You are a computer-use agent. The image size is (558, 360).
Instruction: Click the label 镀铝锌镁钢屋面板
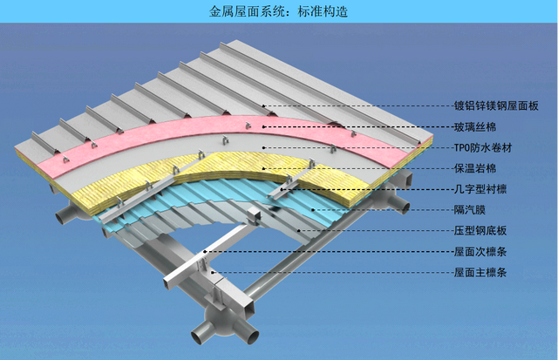(x=497, y=106)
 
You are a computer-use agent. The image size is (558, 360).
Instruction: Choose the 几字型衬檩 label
(x=479, y=189)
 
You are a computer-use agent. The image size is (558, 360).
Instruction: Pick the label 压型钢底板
(x=479, y=231)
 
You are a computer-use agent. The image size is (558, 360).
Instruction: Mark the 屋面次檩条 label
(x=479, y=252)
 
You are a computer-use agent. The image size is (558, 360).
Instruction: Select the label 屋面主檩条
(x=479, y=273)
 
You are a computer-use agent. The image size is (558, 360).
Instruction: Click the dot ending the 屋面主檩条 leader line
(x=215, y=273)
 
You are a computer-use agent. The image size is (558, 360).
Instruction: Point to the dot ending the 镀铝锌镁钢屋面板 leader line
(x=266, y=106)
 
